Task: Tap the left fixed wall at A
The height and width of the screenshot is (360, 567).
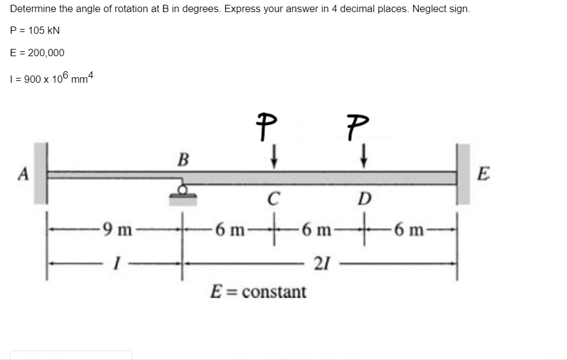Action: point(40,173)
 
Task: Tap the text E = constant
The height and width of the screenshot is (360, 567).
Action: point(258,292)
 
